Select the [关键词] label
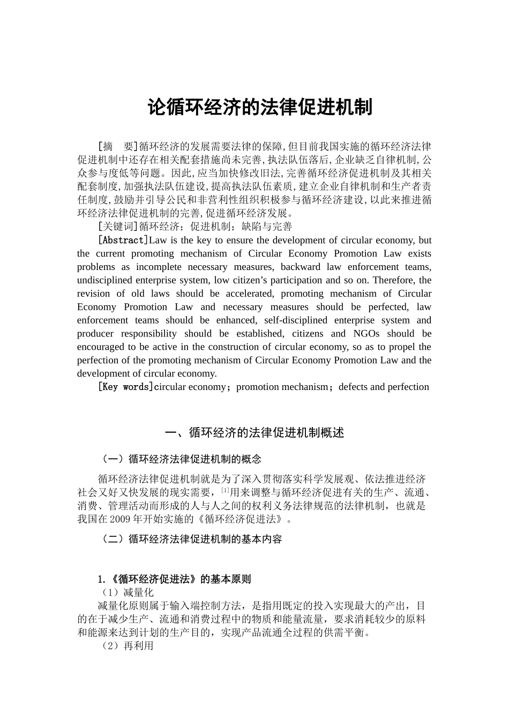point(118,227)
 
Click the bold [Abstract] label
point(123,240)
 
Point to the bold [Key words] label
point(125,387)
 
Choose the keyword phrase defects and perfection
point(384,387)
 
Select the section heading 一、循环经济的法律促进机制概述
point(254,432)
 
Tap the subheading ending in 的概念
point(181,459)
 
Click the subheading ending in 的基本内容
point(191,539)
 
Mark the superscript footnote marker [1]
point(225,490)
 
